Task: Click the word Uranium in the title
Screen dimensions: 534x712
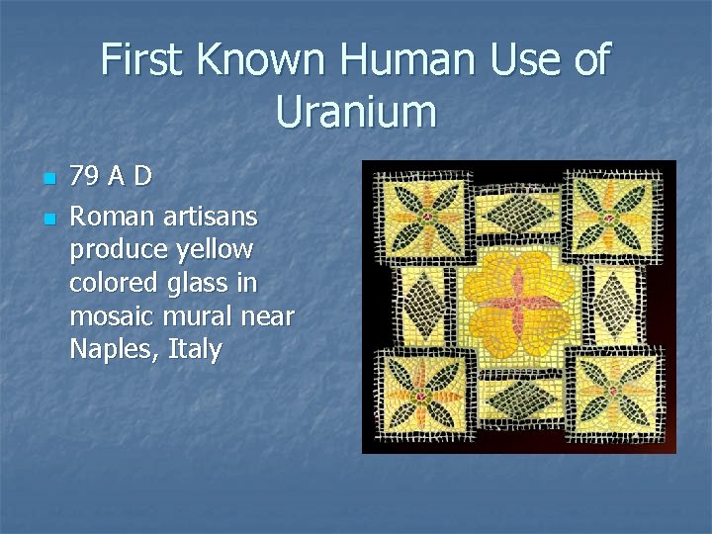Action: coord(356,111)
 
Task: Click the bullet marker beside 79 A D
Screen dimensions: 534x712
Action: coord(47,180)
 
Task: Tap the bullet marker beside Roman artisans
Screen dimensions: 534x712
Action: coord(47,216)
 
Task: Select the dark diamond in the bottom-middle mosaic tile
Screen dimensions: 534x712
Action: coord(518,400)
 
